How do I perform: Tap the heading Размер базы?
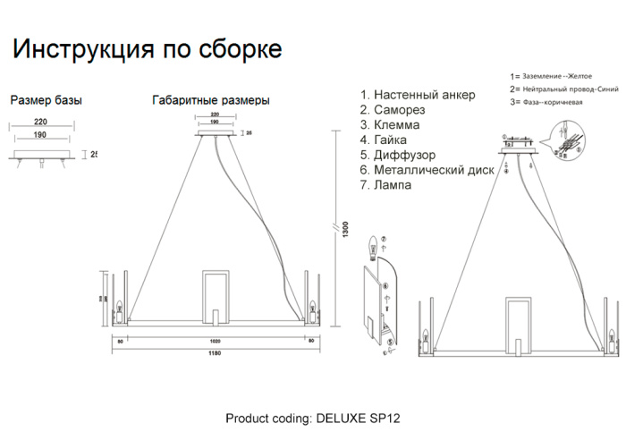coord(47,100)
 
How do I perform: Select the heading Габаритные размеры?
coord(210,101)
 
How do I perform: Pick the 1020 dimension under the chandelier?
coord(215,340)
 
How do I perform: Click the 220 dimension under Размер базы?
coord(40,123)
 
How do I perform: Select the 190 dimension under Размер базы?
coord(40,135)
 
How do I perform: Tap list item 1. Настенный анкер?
coord(418,95)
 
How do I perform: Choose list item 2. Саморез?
coord(393,110)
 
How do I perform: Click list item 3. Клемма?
coord(391,125)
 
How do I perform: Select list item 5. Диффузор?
coord(398,156)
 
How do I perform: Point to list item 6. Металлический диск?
coord(427,170)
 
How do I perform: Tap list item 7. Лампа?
coord(386,185)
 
